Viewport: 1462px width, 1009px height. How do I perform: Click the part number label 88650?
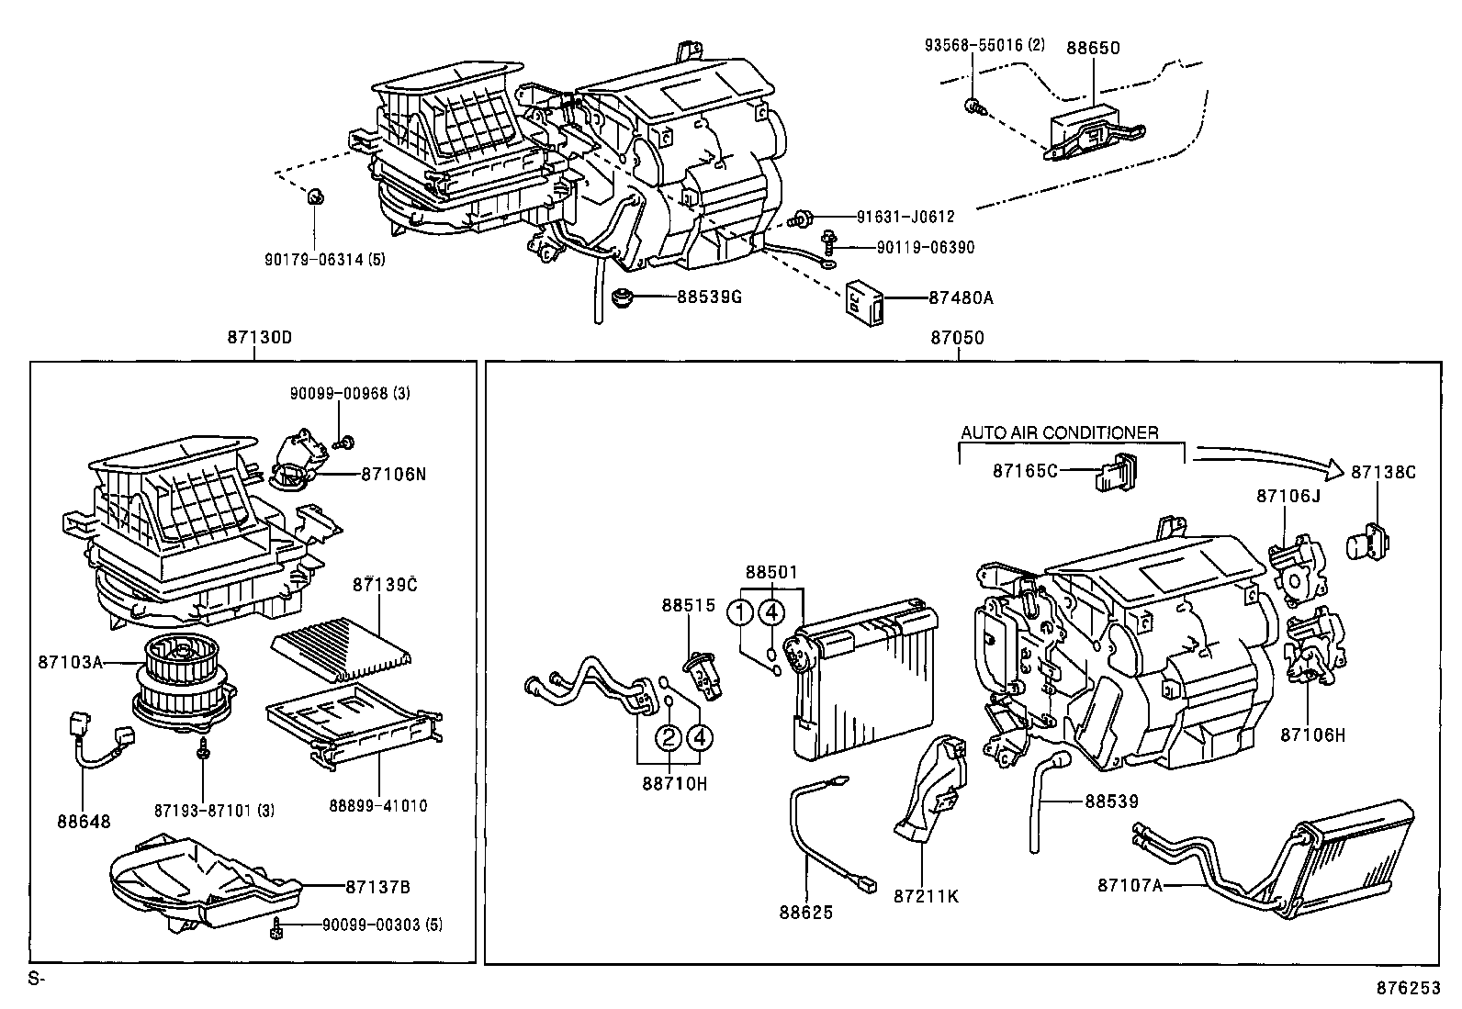click(x=1093, y=48)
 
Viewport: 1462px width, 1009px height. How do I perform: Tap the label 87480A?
click(x=961, y=297)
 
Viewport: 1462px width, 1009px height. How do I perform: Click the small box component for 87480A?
click(x=864, y=297)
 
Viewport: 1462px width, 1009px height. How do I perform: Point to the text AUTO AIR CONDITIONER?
click(x=1059, y=432)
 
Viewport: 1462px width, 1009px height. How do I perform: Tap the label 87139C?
click(x=385, y=584)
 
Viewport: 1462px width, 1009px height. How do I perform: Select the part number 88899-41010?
click(x=377, y=806)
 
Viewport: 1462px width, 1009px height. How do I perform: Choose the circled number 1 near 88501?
click(x=740, y=611)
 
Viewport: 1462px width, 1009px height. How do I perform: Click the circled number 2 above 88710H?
click(x=669, y=735)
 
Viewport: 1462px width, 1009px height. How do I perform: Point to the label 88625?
click(x=806, y=912)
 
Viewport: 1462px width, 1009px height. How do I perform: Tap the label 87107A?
click(x=1130, y=884)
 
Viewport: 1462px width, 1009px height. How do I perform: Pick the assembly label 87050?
click(x=957, y=338)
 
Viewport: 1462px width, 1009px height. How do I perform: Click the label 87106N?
click(x=394, y=474)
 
